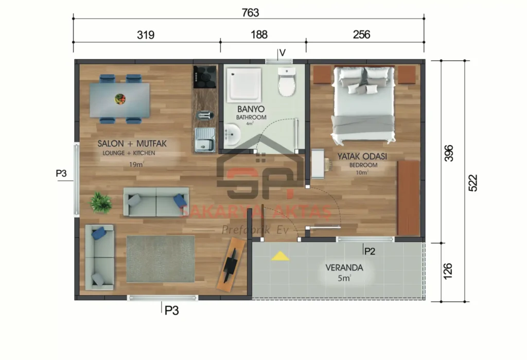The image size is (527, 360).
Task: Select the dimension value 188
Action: click(x=259, y=35)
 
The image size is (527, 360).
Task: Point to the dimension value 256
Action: click(x=362, y=35)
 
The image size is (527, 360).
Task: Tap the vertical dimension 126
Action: click(x=448, y=271)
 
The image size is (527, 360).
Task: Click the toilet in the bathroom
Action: click(x=287, y=82)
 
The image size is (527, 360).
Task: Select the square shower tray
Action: click(x=245, y=84)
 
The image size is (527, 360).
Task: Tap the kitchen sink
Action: click(x=204, y=140)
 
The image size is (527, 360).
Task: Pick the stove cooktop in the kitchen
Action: click(x=204, y=77)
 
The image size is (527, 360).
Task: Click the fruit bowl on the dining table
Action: click(x=120, y=98)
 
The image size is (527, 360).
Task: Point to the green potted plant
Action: click(x=100, y=202)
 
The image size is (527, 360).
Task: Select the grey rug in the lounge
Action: click(x=160, y=259)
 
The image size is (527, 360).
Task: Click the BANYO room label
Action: click(x=251, y=109)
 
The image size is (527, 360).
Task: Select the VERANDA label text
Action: click(x=344, y=268)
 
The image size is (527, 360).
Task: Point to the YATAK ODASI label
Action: click(x=362, y=156)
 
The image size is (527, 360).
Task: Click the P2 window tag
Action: click(x=369, y=251)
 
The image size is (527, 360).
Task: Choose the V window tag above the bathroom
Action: click(x=282, y=53)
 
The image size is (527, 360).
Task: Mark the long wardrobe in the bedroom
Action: click(x=408, y=198)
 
